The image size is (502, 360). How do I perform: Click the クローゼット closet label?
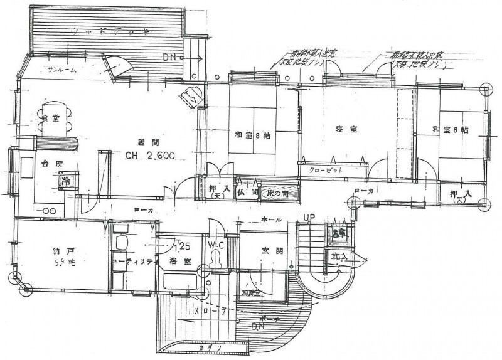coord(325,170)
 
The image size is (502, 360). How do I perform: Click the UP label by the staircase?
coord(309,218)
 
